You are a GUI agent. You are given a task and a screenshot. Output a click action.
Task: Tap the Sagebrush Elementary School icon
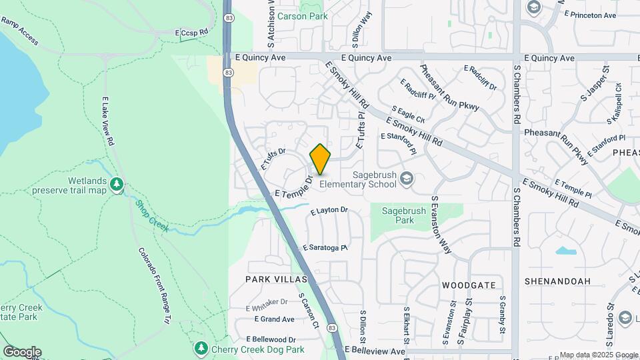[407, 178]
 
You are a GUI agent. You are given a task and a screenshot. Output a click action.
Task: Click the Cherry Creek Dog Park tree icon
[201, 348]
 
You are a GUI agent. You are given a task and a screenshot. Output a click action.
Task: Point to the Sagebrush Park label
[399, 215]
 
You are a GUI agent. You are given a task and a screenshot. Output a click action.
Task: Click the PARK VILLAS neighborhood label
[276, 279]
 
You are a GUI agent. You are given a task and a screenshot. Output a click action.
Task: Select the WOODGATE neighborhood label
[469, 285]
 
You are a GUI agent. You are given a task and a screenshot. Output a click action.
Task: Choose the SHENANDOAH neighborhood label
[557, 281]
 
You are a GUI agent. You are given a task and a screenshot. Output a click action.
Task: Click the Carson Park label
[303, 16]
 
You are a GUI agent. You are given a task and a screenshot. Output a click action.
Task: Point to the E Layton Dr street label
[329, 211]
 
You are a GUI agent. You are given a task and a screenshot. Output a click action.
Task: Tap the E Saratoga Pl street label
[325, 247]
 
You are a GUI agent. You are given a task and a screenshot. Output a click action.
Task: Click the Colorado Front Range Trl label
[153, 286]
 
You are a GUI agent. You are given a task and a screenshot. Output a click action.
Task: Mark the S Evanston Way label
[441, 225]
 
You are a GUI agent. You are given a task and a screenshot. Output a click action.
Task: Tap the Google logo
[21, 352]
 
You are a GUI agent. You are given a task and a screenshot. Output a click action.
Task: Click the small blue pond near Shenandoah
[565, 251]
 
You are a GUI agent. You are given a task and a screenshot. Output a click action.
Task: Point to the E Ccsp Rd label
[192, 31]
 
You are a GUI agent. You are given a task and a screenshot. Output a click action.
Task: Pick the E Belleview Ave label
[375, 351]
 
